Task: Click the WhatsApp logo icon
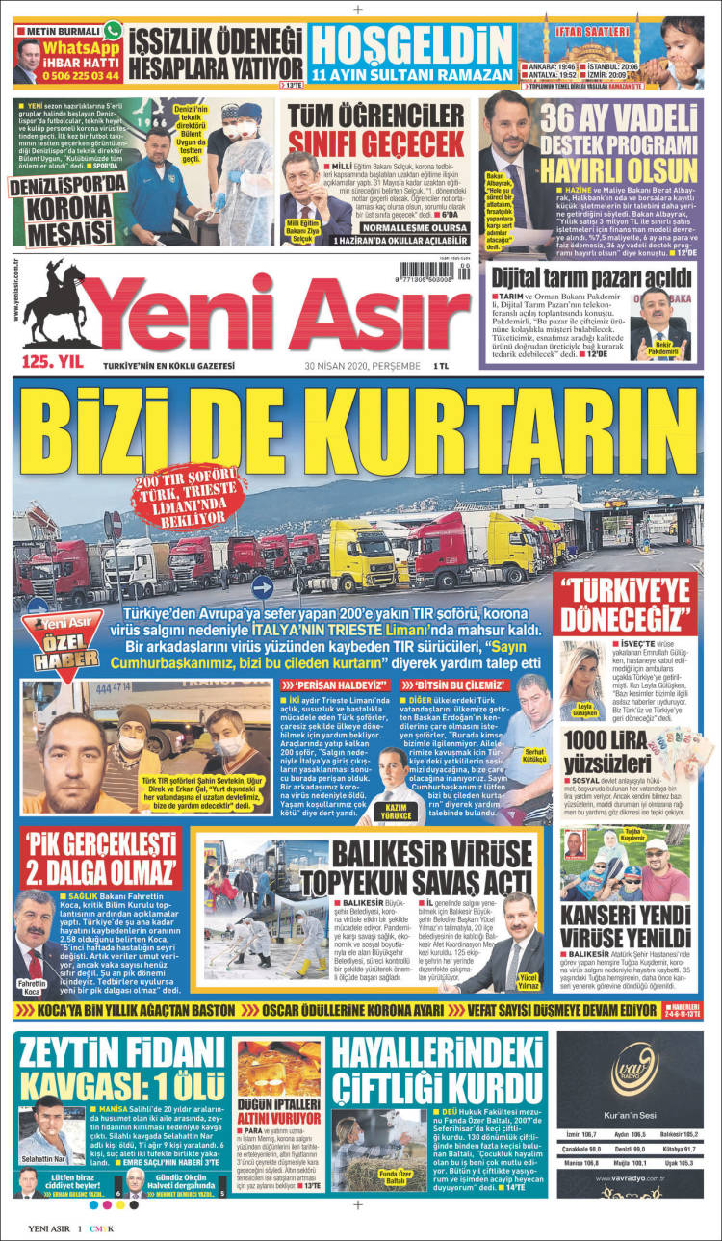[113, 31]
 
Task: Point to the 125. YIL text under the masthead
[51, 363]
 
